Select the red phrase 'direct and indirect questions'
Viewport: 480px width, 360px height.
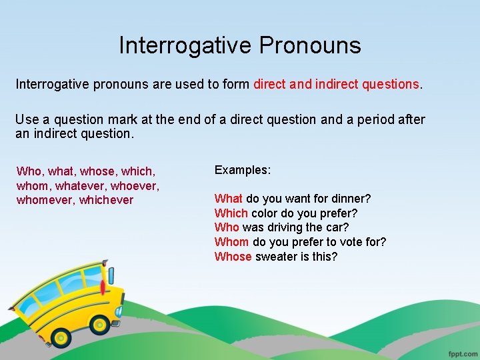[337, 85]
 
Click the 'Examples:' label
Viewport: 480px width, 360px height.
[243, 170]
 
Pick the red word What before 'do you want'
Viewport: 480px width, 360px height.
[229, 199]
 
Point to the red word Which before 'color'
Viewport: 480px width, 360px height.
[231, 213]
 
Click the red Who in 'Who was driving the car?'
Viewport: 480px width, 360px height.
[227, 227]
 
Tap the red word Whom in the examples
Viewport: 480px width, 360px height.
[232, 242]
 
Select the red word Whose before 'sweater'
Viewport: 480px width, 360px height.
[233, 257]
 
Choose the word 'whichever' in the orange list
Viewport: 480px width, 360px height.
[106, 200]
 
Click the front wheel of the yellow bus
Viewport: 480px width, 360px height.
[101, 325]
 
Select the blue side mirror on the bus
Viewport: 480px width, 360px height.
[118, 311]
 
